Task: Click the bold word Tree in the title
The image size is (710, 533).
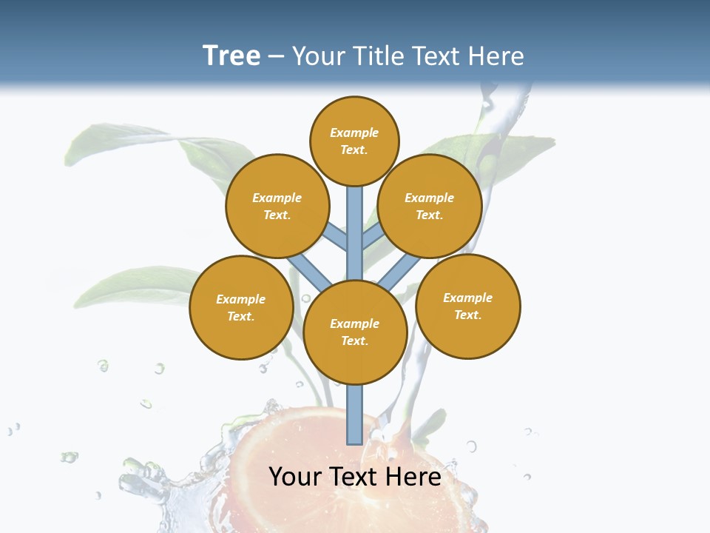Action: [231, 56]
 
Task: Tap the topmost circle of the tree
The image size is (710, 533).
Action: [354, 141]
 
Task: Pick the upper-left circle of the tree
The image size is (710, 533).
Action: [277, 206]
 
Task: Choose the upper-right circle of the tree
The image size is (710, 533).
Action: [430, 206]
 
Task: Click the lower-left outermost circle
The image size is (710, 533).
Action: [241, 307]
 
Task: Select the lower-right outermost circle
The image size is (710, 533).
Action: [468, 306]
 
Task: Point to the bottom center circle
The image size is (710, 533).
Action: [355, 332]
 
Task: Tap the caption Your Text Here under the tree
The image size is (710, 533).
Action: [355, 477]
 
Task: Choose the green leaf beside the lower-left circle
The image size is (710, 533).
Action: [141, 285]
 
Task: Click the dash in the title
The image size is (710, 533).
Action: [276, 56]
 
